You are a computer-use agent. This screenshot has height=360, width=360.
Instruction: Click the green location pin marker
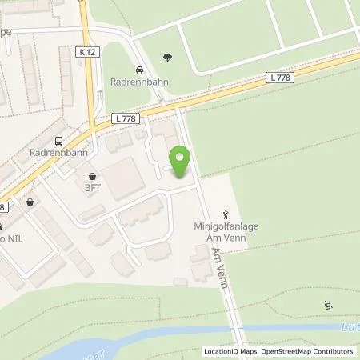(181, 161)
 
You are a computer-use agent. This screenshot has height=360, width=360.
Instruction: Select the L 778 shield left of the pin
(130, 118)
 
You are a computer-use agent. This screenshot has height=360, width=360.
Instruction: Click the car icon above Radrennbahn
(140, 70)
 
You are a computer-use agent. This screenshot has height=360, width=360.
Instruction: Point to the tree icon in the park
(167, 57)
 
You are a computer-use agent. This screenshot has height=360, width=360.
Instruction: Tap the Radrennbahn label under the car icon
(137, 82)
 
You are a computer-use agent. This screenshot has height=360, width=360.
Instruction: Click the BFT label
(94, 188)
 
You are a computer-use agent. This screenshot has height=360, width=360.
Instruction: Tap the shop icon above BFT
(94, 177)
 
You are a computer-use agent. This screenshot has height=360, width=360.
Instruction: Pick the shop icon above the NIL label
(30, 202)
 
